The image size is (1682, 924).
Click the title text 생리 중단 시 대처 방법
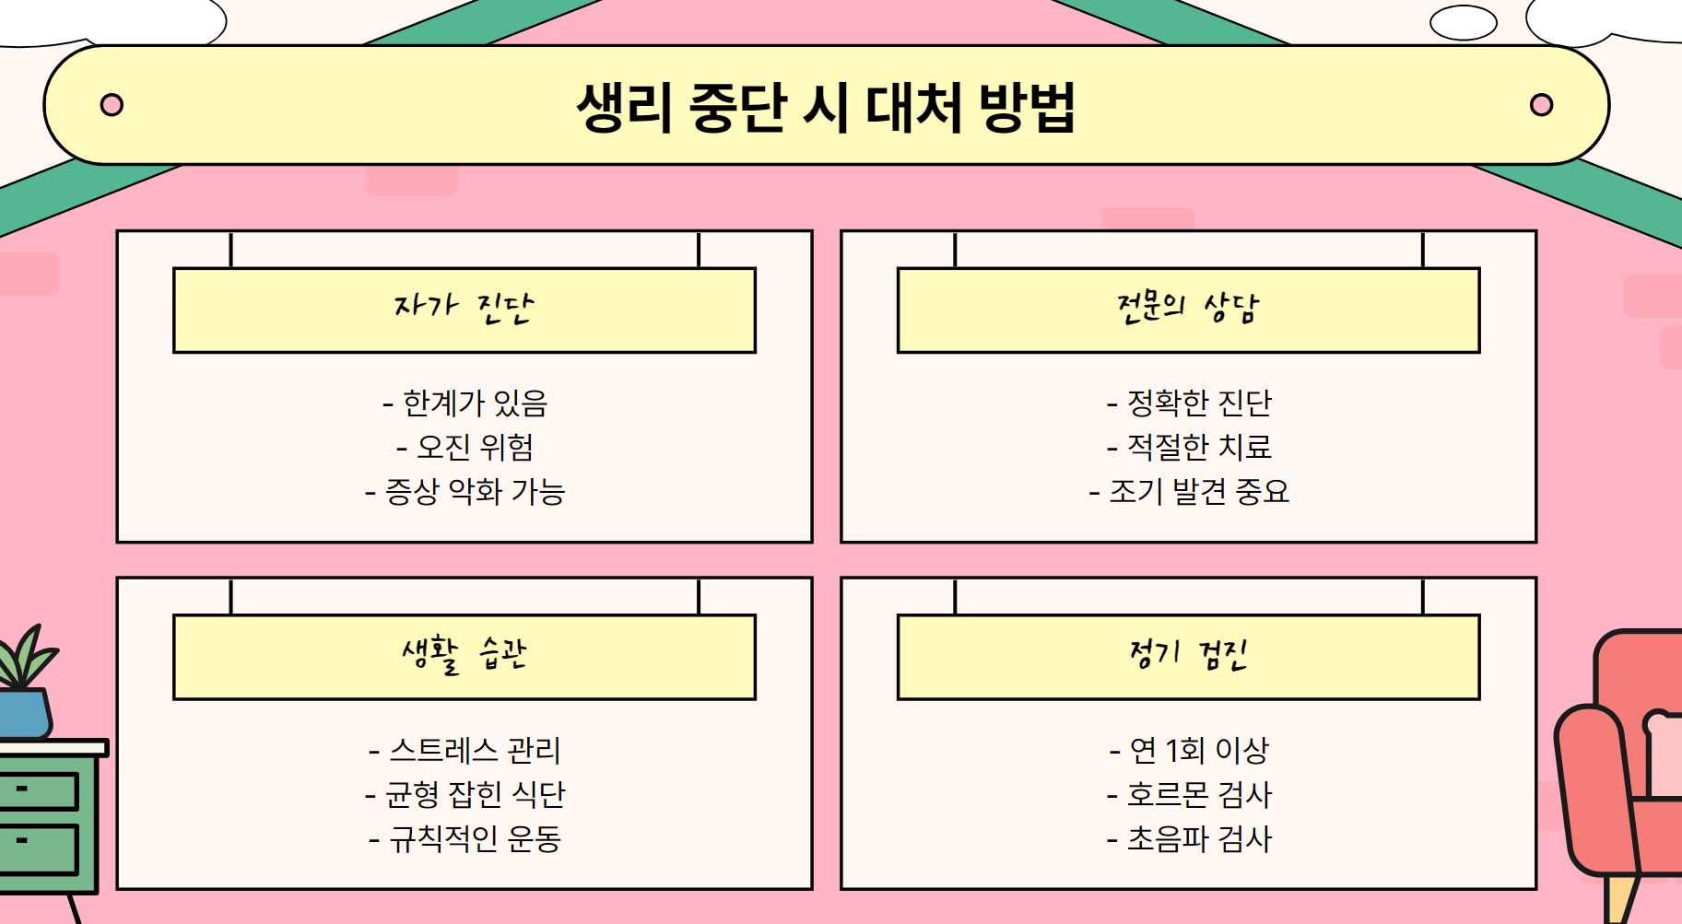(x=826, y=107)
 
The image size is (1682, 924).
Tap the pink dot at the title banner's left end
(x=112, y=105)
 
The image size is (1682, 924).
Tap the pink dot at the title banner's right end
(x=1541, y=105)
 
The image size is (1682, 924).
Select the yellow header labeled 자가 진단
(x=465, y=310)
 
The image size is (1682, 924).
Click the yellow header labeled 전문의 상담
(x=1188, y=310)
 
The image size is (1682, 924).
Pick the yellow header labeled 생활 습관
(x=465, y=656)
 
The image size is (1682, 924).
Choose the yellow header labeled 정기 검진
(x=1188, y=656)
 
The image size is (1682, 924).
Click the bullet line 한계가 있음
(x=465, y=403)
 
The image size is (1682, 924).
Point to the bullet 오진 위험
(x=465, y=447)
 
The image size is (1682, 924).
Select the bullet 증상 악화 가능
(x=465, y=491)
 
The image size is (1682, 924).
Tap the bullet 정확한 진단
(x=1189, y=403)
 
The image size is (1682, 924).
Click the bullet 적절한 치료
(x=1189, y=447)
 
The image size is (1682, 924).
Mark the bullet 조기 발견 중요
(x=1189, y=491)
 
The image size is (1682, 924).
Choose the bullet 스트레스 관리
(x=465, y=750)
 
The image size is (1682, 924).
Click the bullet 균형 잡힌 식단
(x=465, y=794)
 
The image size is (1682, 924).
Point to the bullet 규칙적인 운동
(x=465, y=838)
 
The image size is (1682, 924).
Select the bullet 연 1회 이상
(x=1189, y=750)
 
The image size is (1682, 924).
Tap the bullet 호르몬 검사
(x=1189, y=794)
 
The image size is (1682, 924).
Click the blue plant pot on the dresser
(x=24, y=714)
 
